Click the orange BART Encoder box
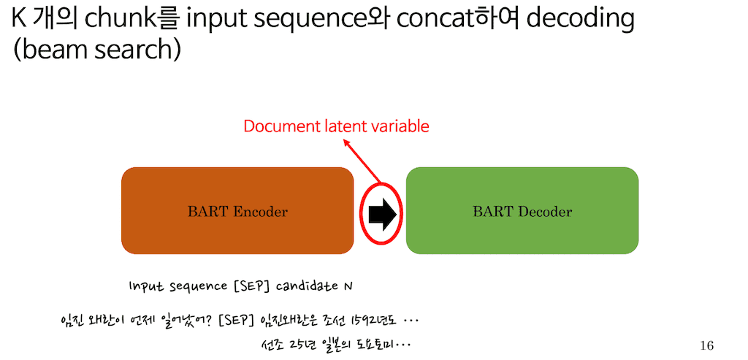pyautogui.click(x=237, y=211)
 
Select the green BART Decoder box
pyautogui.click(x=522, y=211)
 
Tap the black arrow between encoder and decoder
pyautogui.click(x=381, y=213)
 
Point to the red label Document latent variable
pyautogui.click(x=336, y=126)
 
